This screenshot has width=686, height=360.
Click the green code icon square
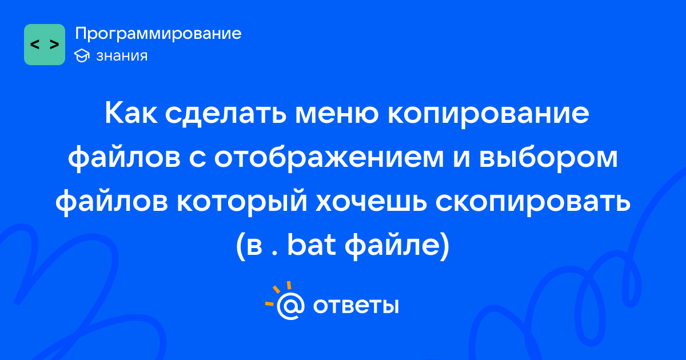click(x=45, y=45)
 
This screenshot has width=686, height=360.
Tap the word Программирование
click(x=158, y=34)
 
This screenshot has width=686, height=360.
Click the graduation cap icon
click(x=82, y=55)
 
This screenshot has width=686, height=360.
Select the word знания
click(x=122, y=56)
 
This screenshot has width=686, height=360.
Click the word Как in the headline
click(x=131, y=113)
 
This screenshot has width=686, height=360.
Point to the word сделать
click(x=226, y=114)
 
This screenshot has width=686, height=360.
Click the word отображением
click(x=329, y=157)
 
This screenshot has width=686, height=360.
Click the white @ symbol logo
click(x=290, y=306)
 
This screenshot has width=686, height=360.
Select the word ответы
click(x=356, y=306)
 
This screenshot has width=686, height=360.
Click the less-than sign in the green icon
click(x=35, y=45)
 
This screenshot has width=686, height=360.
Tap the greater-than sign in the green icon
click(x=54, y=45)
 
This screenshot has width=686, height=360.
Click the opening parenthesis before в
click(x=241, y=246)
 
